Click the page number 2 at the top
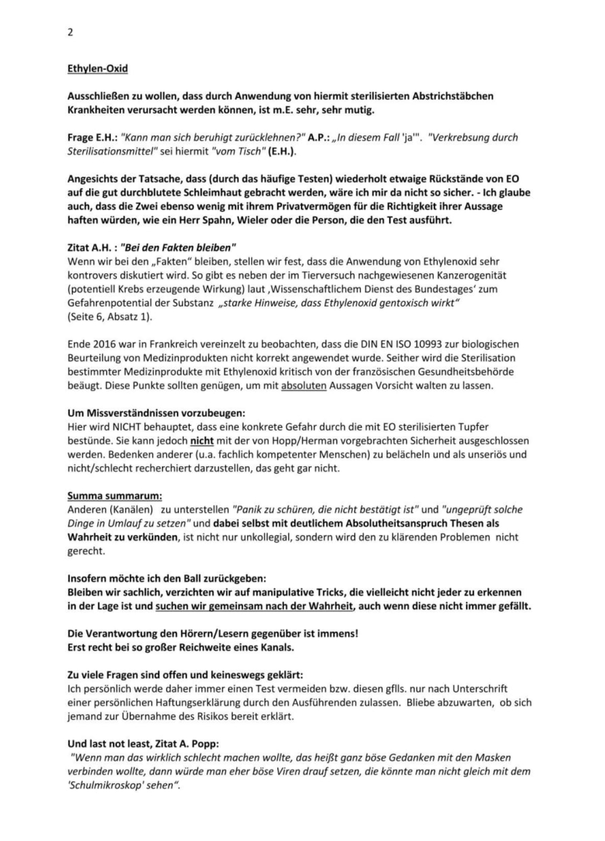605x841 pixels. pyautogui.click(x=70, y=32)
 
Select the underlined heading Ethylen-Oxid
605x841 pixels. pyautogui.click(x=98, y=68)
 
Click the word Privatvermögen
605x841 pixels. pyautogui.click(x=284, y=206)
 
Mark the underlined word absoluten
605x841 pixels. pyautogui.click(x=303, y=386)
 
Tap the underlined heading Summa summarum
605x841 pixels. pyautogui.click(x=115, y=496)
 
